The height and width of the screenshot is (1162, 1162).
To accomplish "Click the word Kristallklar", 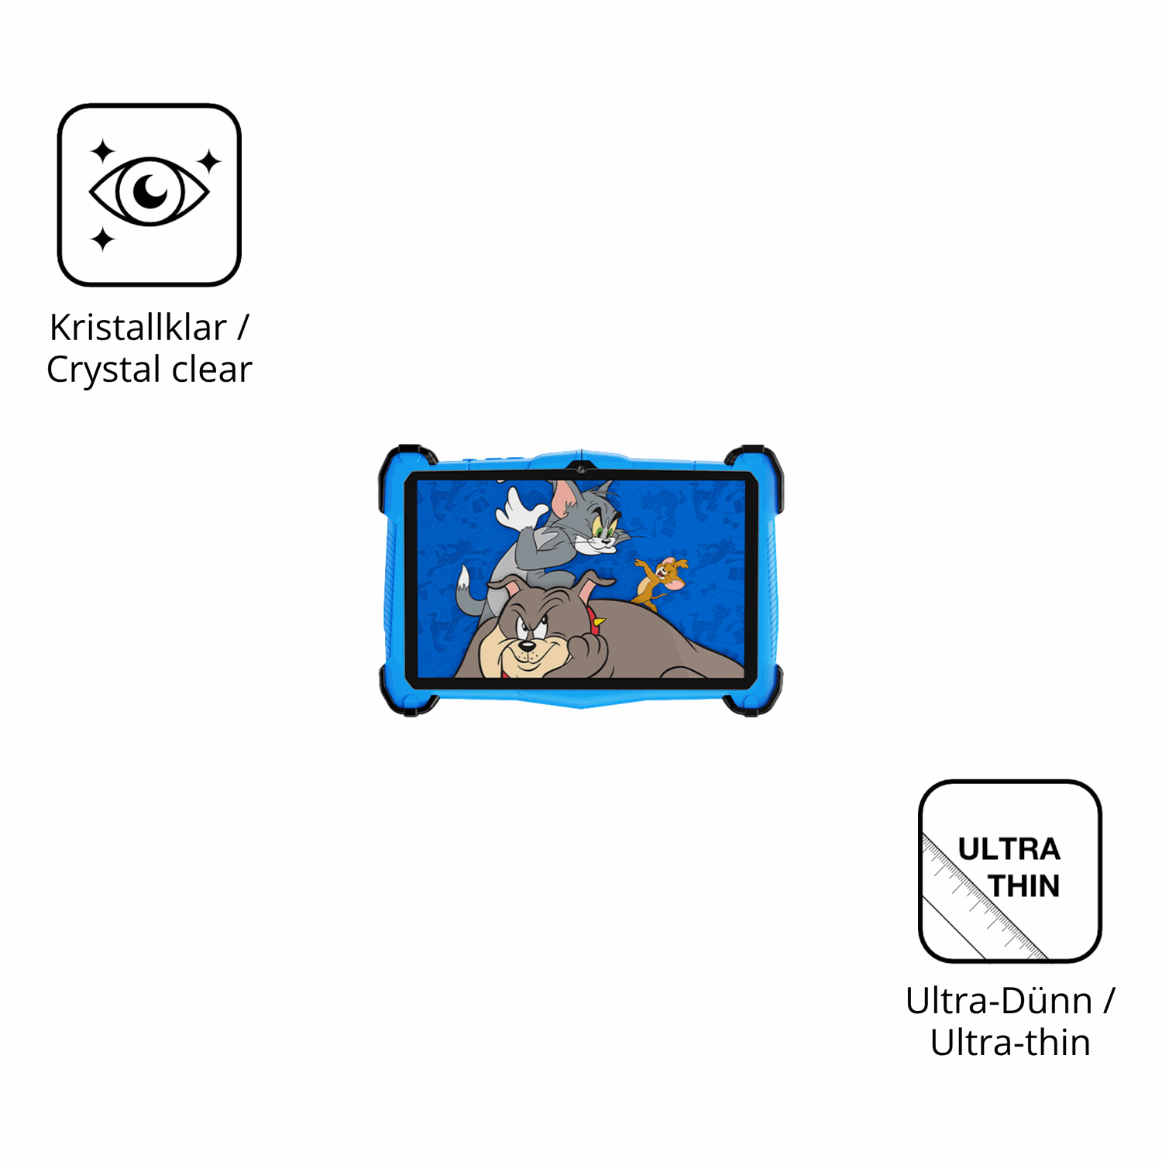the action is tap(138, 327).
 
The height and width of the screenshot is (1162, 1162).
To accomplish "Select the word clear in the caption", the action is tap(211, 369).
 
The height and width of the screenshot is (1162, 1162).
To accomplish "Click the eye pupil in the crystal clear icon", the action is tap(150, 191).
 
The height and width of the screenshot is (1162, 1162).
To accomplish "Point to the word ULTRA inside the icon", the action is tap(1009, 849).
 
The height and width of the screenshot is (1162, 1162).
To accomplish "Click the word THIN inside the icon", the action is tap(1023, 885).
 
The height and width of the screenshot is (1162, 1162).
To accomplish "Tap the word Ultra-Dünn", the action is tap(999, 1000).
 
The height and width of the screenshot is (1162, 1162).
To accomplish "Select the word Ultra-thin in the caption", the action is tap(1010, 1042).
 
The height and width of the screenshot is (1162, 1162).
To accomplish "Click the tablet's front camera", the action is tap(580, 469).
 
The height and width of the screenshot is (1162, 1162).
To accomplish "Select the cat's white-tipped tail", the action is tap(468, 593).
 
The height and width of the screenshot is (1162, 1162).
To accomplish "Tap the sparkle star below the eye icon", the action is tap(102, 239).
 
